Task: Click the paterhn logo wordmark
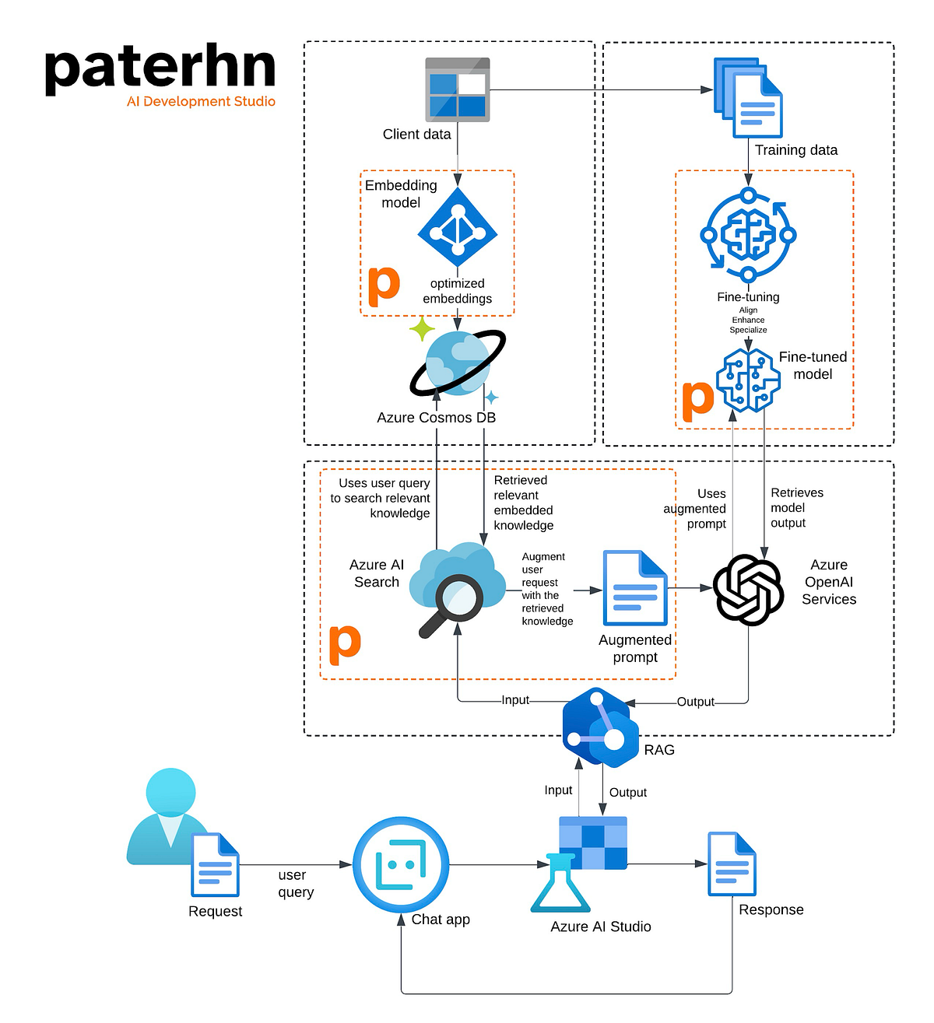[160, 68]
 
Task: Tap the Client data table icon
[458, 89]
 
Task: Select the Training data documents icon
[748, 97]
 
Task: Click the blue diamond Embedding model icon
[458, 227]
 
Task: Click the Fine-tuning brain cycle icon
[748, 235]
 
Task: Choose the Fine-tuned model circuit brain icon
[748, 380]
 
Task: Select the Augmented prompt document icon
[635, 587]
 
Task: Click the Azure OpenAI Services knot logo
[748, 590]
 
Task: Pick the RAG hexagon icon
[600, 727]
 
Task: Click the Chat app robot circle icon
[401, 864]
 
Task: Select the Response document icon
[732, 864]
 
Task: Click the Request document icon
[215, 865]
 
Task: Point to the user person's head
[170, 793]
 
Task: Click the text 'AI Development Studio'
[201, 101]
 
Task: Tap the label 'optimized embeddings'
[458, 291]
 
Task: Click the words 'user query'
[296, 884]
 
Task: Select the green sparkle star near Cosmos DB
[422, 329]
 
